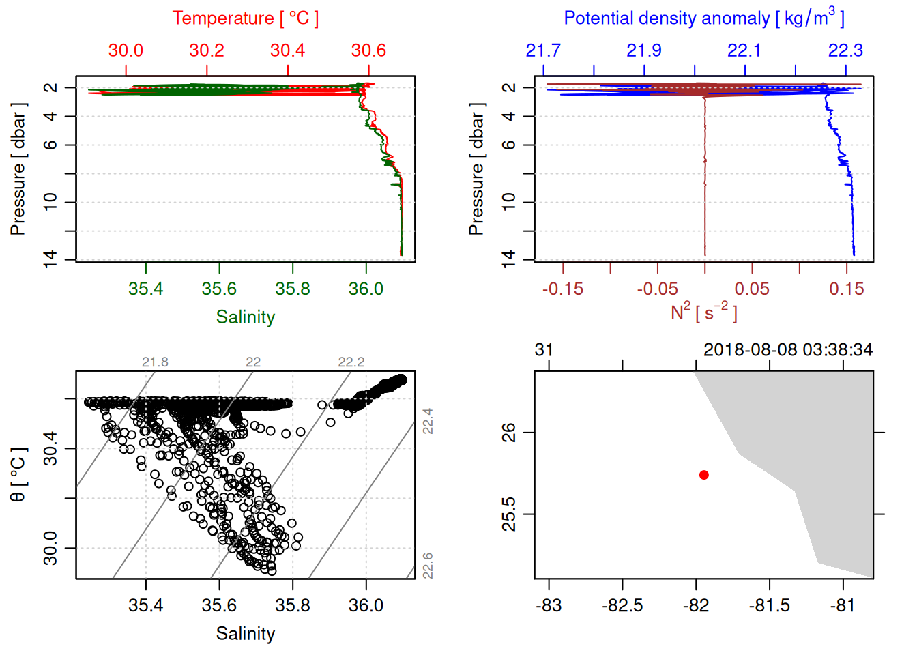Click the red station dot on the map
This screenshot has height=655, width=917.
point(703,475)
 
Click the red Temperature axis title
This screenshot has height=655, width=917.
point(245,18)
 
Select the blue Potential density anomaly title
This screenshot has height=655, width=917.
point(703,18)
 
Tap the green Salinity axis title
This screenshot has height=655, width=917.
point(245,317)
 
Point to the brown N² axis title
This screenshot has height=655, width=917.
point(703,312)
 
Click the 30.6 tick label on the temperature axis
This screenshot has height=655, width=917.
point(368,50)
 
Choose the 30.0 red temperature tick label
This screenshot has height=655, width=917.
point(126,50)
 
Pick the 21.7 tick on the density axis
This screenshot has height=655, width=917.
point(543,50)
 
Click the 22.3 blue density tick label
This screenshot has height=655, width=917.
point(845,50)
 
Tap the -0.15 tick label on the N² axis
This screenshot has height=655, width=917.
point(563,289)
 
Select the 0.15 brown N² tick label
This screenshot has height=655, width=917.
point(846,289)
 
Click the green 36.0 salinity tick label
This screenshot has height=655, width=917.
point(366,289)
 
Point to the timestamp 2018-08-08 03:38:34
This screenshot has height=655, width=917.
point(788,350)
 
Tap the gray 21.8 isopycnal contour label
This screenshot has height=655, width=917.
point(155,362)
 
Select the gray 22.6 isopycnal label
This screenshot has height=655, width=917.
point(427,566)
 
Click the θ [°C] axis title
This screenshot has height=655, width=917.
point(18,475)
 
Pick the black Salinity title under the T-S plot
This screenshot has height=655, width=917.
point(245,634)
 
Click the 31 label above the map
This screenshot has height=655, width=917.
point(544,350)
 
